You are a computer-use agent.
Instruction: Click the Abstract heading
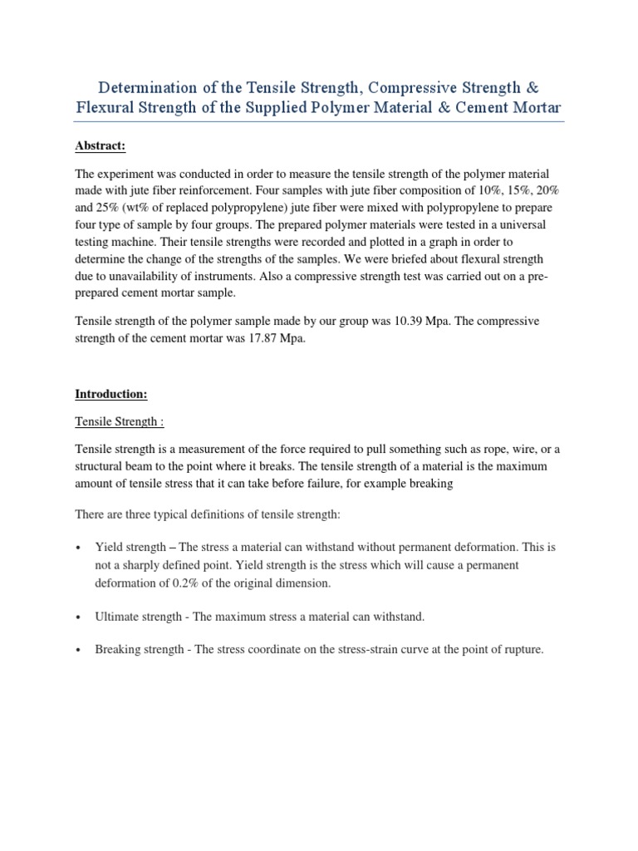tap(101, 146)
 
